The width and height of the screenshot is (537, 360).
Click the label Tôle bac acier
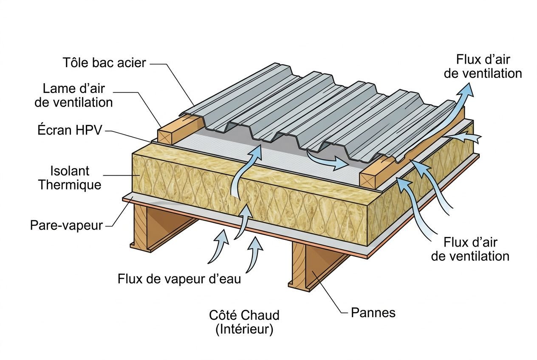point(105,63)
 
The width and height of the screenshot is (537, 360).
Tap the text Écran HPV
point(70,130)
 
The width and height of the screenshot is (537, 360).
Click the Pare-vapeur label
point(66,225)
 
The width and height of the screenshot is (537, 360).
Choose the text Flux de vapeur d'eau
point(179,279)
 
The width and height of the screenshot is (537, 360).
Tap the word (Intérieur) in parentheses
point(244,329)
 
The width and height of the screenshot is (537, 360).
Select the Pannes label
point(373,313)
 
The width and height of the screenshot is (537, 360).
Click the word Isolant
point(70,171)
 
